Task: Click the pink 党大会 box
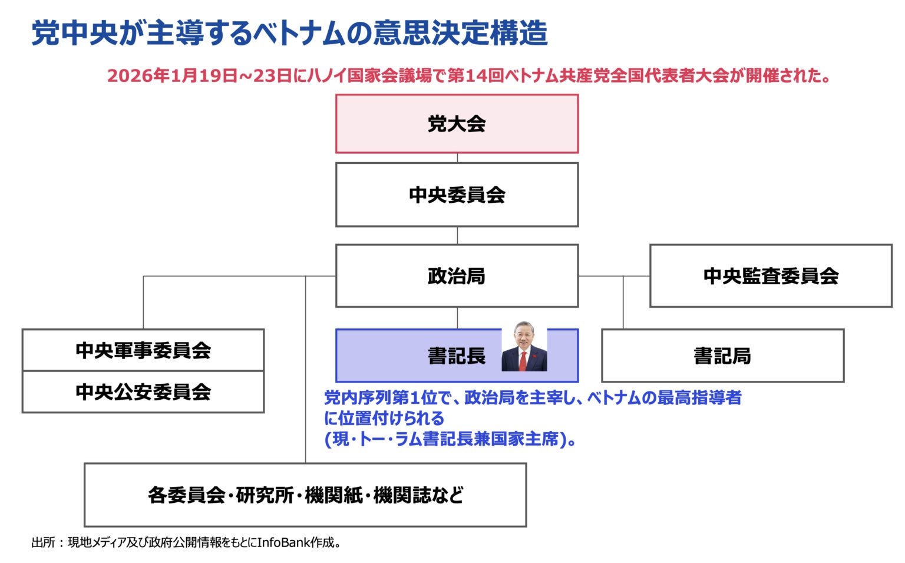(457, 124)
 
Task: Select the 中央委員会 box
(457, 195)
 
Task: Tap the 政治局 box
(457, 276)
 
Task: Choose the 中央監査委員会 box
(771, 276)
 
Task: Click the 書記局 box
(722, 356)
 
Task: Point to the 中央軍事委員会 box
(143, 350)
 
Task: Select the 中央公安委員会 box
(143, 392)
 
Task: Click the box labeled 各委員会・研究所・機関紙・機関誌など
(305, 495)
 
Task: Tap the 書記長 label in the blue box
(457, 356)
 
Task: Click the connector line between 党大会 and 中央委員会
(458, 158)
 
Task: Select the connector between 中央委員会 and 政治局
(458, 235)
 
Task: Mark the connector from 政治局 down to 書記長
(458, 318)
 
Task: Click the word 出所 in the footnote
(43, 542)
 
